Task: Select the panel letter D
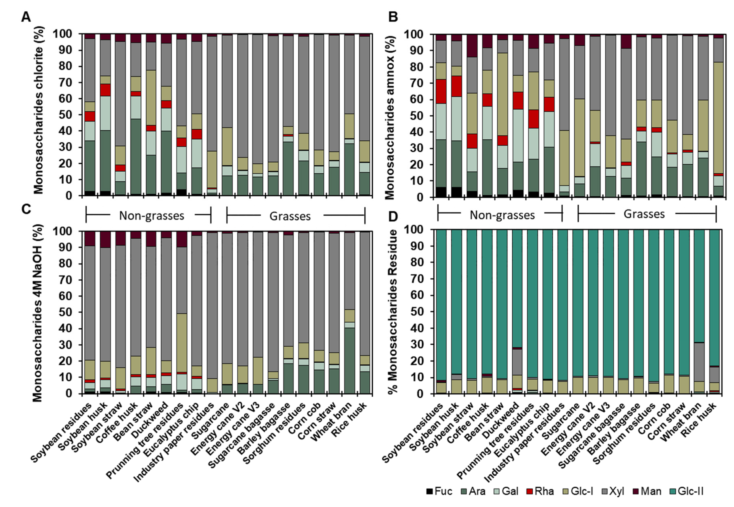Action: [x=393, y=217]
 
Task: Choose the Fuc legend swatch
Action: [x=430, y=492]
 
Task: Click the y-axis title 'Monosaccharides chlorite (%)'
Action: [x=39, y=110]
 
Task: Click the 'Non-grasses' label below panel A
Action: [x=152, y=216]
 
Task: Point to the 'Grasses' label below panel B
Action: [x=644, y=214]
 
